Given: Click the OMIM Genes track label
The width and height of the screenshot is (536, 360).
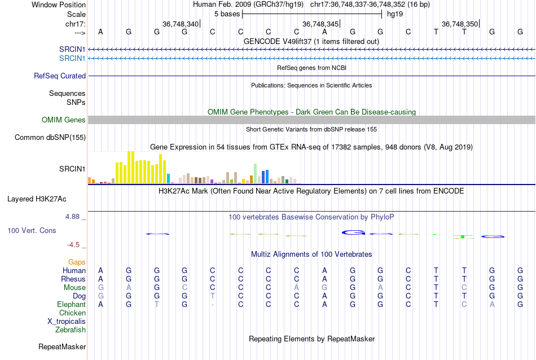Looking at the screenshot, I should [63, 120].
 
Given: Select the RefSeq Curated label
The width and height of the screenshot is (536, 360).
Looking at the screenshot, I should [60, 76].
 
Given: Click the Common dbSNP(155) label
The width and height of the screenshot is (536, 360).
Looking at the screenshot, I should [50, 137].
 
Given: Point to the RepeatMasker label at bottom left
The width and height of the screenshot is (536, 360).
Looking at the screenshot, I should [61, 346].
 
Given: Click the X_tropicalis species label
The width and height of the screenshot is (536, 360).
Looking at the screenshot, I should [67, 321].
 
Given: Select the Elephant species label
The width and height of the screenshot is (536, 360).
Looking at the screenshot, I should [71, 304].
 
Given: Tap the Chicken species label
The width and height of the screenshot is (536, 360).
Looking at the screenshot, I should [72, 313].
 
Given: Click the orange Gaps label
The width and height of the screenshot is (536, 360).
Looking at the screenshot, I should [77, 262].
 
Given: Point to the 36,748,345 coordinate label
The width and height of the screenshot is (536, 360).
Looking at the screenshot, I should [320, 24].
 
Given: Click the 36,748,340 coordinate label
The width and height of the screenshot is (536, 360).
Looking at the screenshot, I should [181, 24].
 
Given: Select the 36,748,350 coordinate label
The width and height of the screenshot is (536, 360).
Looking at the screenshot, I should [460, 24].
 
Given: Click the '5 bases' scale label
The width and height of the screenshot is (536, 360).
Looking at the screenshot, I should [227, 14].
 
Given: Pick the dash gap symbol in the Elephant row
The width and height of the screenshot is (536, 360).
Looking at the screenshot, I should [212, 305].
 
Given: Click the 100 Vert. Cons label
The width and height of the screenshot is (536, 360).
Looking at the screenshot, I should [32, 230].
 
